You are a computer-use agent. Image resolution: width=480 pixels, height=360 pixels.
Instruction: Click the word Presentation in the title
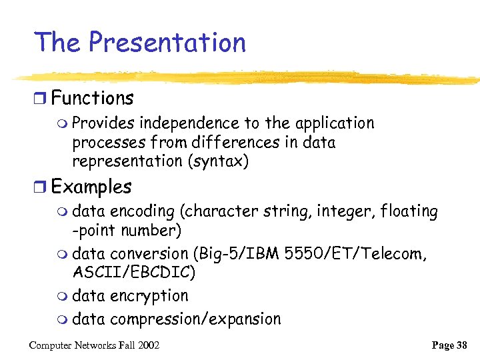pyautogui.click(x=167, y=43)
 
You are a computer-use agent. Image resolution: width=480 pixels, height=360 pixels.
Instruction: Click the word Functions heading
pyautogui.click(x=92, y=99)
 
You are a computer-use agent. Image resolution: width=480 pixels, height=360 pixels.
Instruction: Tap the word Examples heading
pyautogui.click(x=91, y=187)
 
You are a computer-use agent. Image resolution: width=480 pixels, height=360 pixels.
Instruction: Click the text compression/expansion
pyautogui.click(x=195, y=319)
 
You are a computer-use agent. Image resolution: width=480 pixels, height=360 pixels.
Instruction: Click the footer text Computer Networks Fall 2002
pyautogui.click(x=94, y=345)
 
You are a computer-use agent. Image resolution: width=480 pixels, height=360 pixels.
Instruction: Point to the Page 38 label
pyautogui.click(x=449, y=345)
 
